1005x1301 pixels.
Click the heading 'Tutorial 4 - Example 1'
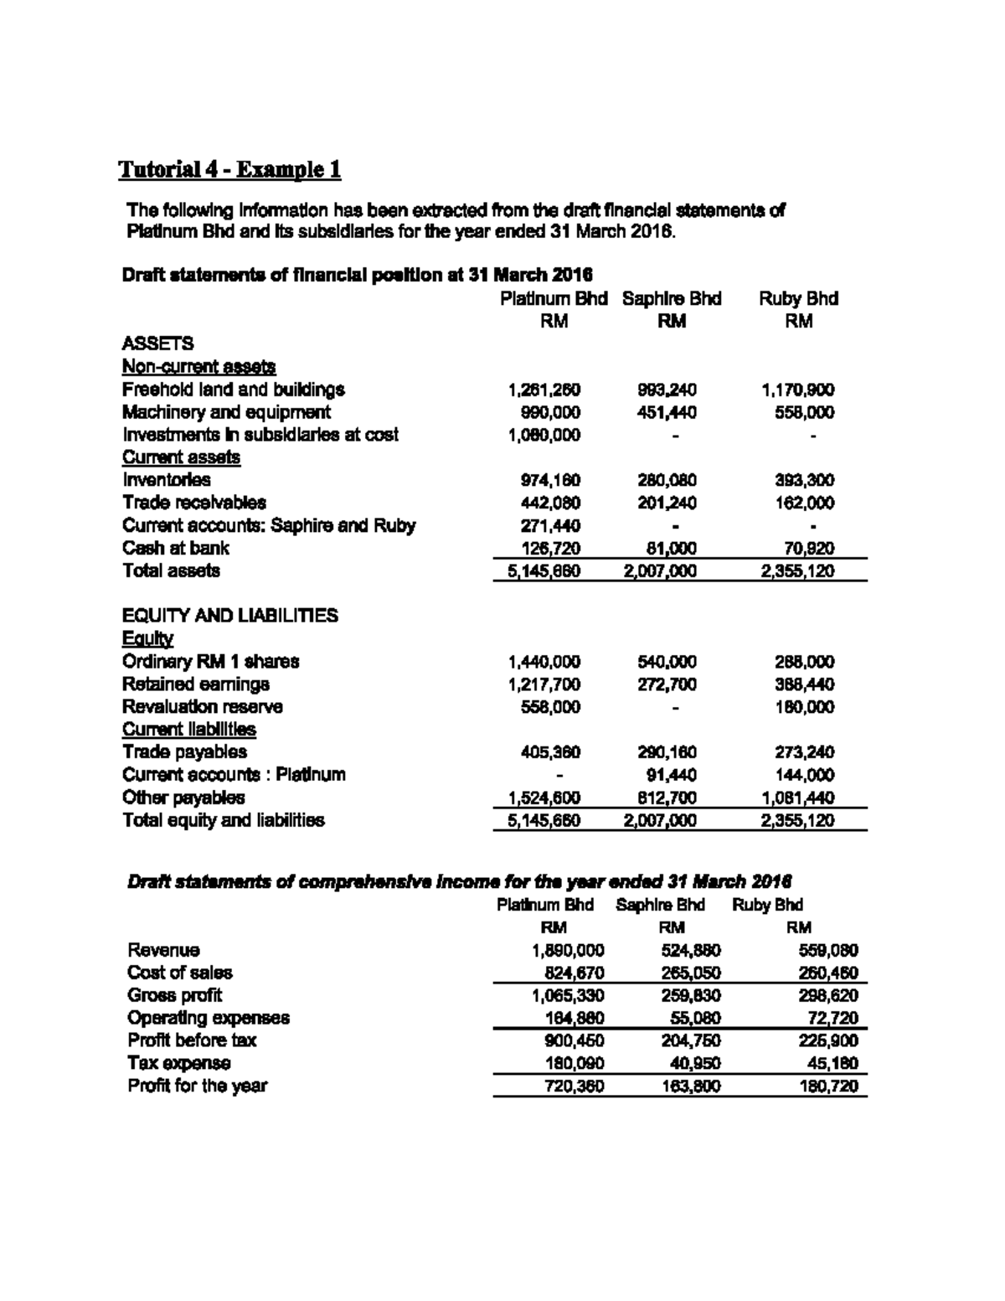(x=229, y=170)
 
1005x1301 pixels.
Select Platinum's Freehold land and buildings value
(x=544, y=390)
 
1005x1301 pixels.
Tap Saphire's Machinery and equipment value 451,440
(x=667, y=412)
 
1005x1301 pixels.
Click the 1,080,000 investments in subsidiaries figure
(x=544, y=435)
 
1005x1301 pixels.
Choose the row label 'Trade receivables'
(x=194, y=503)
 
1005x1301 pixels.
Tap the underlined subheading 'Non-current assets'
(x=199, y=367)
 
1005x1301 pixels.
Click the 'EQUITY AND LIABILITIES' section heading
(x=230, y=616)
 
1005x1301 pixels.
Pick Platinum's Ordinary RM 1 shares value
(x=544, y=662)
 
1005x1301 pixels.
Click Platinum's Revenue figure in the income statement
(x=568, y=950)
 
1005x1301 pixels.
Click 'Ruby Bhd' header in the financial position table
(x=798, y=299)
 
